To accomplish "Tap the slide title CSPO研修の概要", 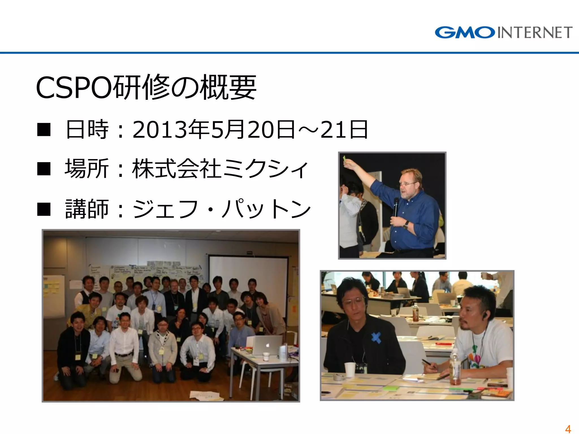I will (146, 87).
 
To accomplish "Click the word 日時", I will (87, 130).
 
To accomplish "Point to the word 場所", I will (87, 169).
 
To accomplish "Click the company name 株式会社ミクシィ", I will (220, 169).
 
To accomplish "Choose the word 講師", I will (87, 209).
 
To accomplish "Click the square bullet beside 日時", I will (44, 130).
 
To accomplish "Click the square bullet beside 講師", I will (44, 209).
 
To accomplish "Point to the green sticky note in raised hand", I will (345, 158).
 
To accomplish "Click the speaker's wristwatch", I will (406, 225).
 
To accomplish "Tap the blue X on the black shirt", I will (376, 338).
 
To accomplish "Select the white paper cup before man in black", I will (350, 369).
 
